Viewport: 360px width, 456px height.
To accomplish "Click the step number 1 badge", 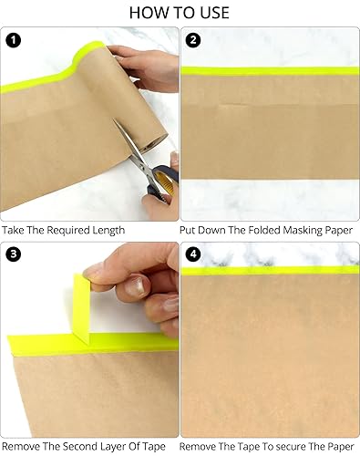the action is tap(14, 40).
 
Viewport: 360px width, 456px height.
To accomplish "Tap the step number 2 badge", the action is tap(193, 40).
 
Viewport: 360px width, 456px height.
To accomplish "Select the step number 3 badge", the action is tap(14, 254).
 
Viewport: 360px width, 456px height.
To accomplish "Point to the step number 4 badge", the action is tap(193, 254).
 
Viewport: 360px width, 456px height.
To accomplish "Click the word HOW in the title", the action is tap(146, 13).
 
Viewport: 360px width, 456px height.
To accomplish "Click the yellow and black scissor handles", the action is tap(161, 181).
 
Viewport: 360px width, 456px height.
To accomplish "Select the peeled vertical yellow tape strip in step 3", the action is tap(81, 308).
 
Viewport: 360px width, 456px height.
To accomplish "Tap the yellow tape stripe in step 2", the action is tap(270, 71).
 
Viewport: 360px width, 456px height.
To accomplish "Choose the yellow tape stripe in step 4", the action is tap(270, 270).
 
